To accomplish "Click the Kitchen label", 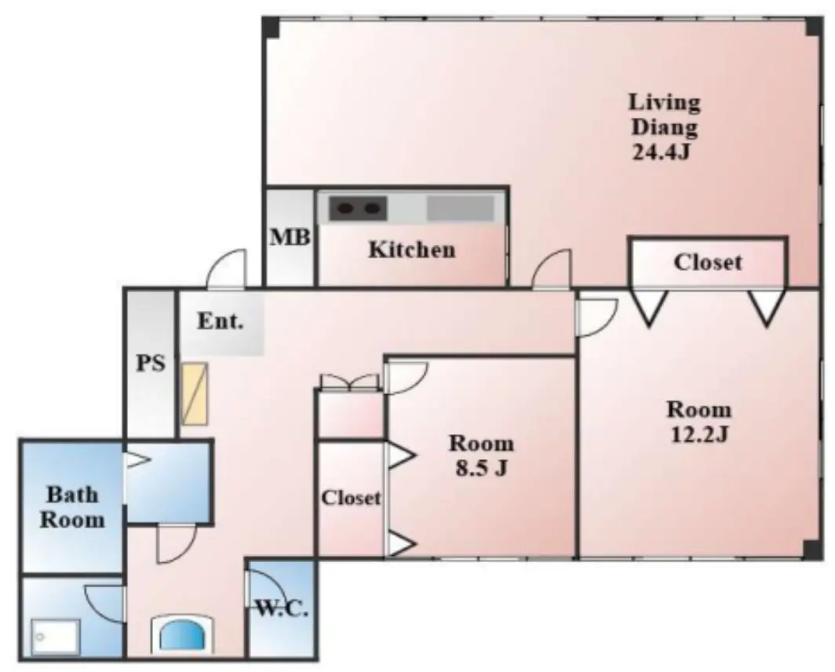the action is point(412,250).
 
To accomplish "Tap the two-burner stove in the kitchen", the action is point(357,208).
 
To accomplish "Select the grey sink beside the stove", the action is point(461,208).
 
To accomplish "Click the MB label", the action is point(290,237).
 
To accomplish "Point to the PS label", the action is point(151,363).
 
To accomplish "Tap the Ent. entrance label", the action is point(221,321).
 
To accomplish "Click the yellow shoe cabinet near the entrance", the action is point(195,394).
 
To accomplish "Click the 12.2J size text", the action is point(699,436).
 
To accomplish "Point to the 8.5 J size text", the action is point(481,469).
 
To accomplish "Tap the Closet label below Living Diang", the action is point(708,262).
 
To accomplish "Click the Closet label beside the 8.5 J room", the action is point(351,498).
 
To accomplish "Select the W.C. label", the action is point(283,608).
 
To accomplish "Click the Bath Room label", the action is point(72,507).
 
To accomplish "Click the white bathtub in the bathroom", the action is point(56,637).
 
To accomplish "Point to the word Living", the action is point(664,102).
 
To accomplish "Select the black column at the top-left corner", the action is point(271,27).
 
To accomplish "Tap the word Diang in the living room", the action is point(664,128).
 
